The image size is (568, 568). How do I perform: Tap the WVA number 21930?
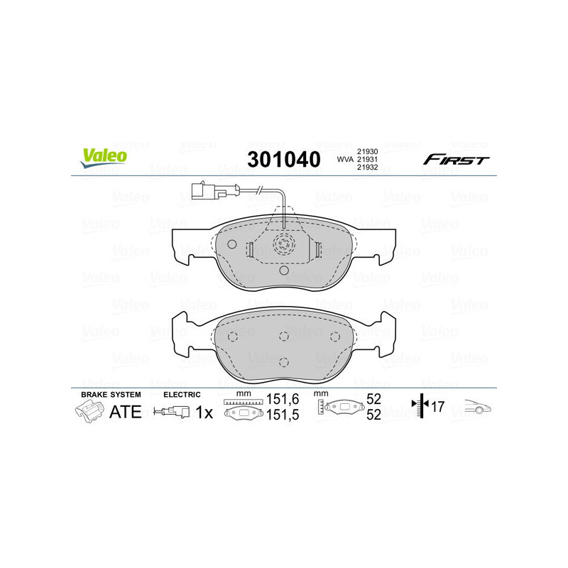tap(367, 151)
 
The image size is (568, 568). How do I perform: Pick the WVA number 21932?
tap(367, 168)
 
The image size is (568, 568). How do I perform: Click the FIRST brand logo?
tap(456, 160)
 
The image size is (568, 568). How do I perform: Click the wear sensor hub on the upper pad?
tap(283, 246)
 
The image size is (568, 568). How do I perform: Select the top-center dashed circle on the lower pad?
tap(283, 337)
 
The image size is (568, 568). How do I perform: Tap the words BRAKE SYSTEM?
tap(111, 394)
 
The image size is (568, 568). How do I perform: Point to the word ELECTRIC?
tap(182, 394)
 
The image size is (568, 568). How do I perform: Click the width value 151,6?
tap(283, 401)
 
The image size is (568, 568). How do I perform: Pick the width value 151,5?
tap(283, 415)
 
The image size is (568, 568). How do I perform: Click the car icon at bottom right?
tap(479, 408)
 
